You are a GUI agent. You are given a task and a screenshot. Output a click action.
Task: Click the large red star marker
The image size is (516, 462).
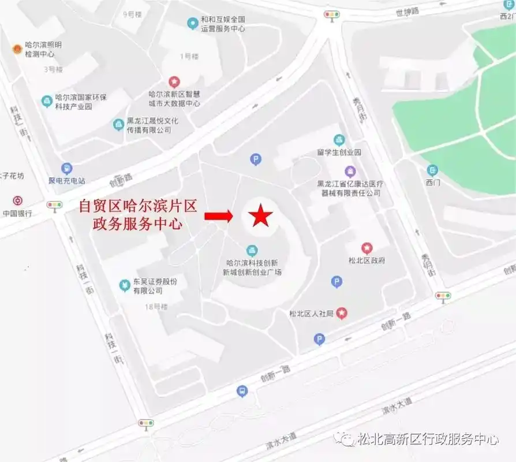[260, 216]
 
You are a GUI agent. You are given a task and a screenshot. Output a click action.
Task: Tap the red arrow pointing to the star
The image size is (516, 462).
[218, 216]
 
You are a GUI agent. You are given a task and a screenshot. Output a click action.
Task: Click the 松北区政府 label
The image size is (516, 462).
[367, 260]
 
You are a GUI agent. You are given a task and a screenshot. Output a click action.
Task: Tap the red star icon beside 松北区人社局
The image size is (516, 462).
[342, 313]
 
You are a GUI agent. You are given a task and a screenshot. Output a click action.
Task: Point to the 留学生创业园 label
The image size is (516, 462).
[339, 152]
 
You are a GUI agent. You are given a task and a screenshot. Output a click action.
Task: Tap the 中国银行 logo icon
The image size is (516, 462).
[18, 201]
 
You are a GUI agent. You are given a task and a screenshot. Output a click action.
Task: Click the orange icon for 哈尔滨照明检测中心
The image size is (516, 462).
[18, 49]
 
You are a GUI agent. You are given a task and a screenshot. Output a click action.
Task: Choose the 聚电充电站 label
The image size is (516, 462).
[67, 180]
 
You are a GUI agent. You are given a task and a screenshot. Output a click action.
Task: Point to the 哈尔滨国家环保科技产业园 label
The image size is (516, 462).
[81, 102]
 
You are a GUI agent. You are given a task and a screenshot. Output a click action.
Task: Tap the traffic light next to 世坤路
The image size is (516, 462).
[332, 14]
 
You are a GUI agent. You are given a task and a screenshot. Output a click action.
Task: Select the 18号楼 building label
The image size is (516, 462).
[156, 307]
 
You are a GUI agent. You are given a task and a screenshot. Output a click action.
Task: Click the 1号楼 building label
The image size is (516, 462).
[189, 57]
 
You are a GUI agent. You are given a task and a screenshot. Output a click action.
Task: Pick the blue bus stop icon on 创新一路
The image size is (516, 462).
[242, 392]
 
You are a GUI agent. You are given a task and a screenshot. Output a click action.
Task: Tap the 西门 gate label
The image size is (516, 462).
[433, 182]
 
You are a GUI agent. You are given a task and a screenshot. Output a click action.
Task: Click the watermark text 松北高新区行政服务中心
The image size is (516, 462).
[428, 439]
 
